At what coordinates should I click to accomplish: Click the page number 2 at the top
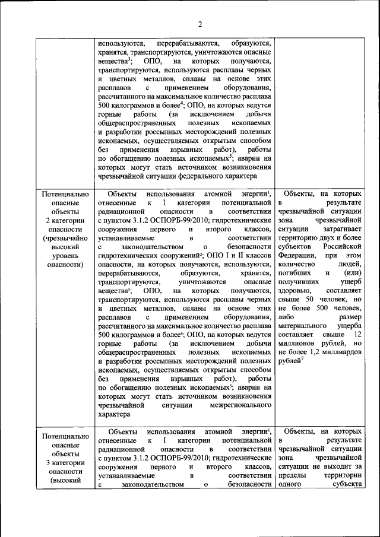[200, 24]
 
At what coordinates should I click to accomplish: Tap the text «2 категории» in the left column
[65, 222]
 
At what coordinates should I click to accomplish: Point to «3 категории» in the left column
[65, 463]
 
